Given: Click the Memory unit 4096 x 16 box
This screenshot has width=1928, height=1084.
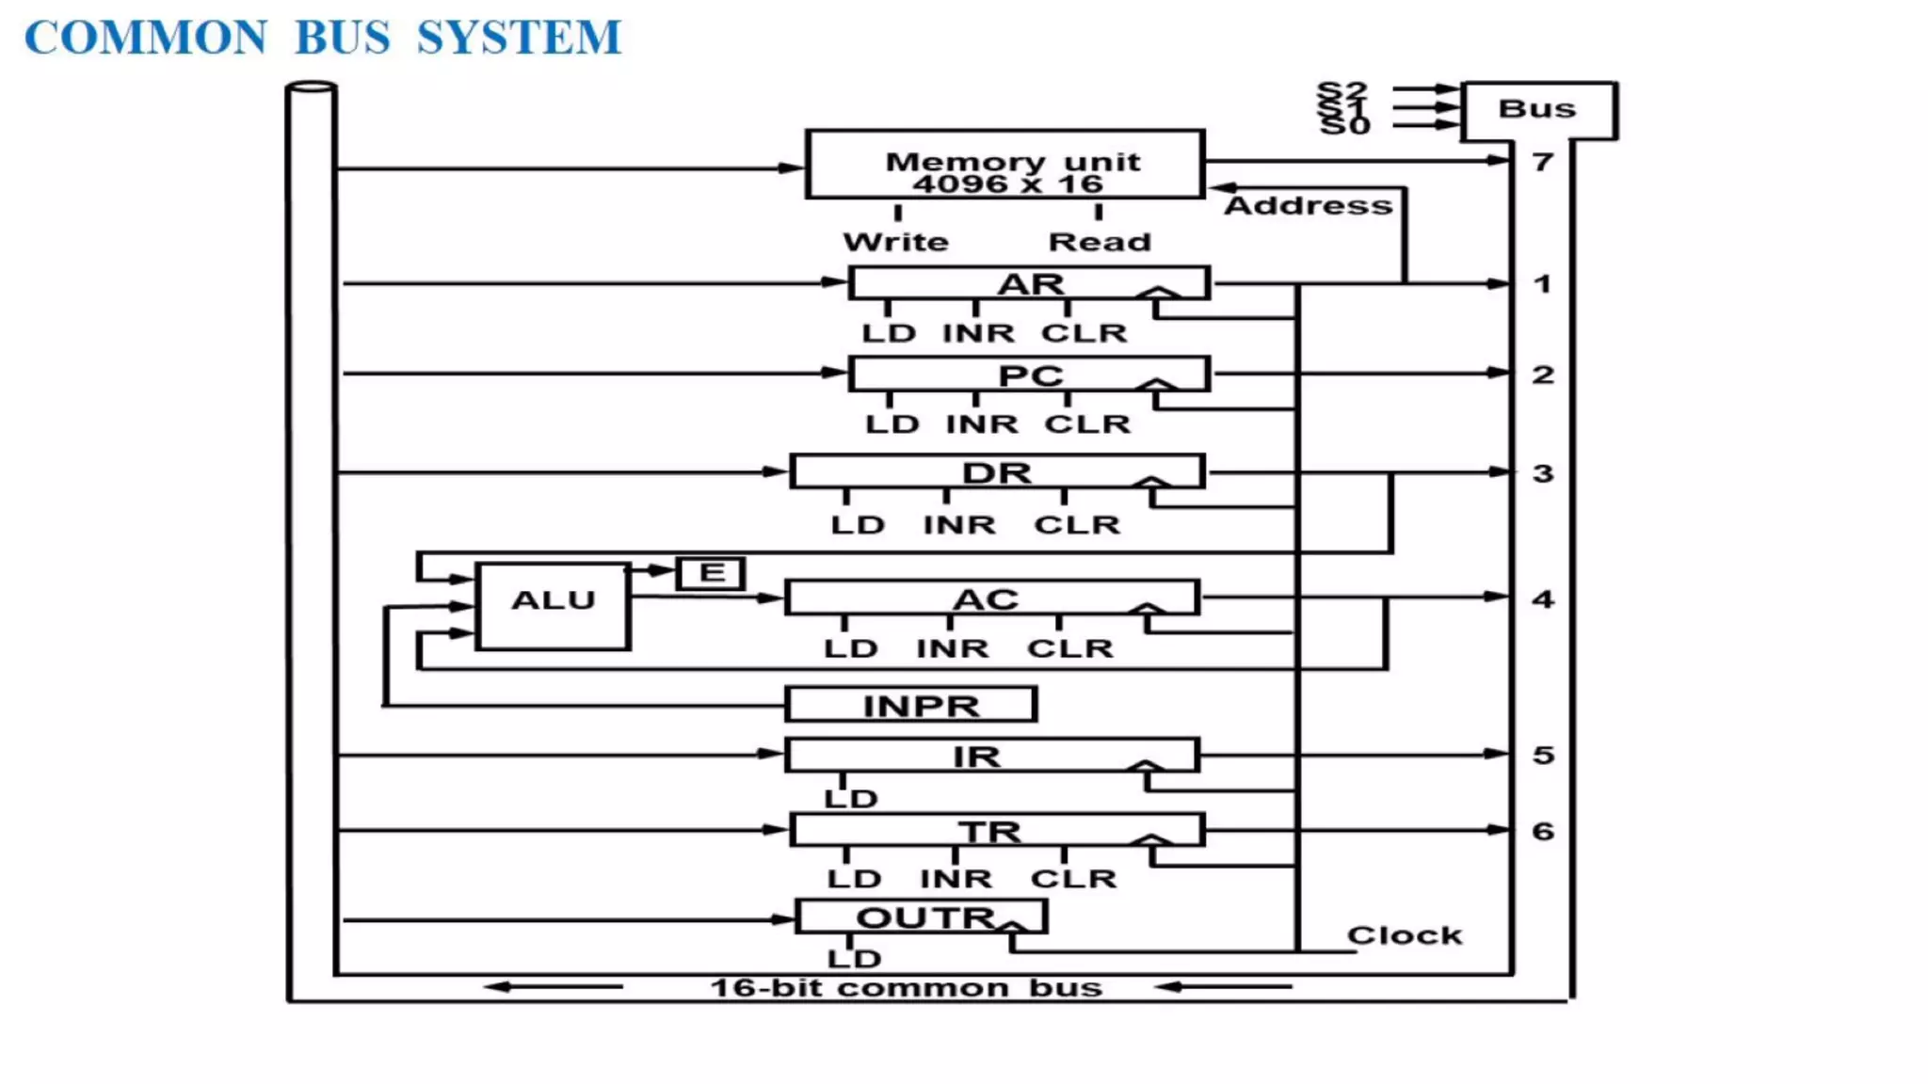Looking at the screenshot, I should tap(1004, 164).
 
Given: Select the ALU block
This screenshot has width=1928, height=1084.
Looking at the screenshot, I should tap(553, 605).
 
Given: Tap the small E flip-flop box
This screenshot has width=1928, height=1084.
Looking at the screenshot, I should tap(711, 573).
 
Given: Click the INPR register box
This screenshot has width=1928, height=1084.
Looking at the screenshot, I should tap(910, 705).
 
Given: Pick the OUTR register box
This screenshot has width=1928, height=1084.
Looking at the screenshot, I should tap(921, 917).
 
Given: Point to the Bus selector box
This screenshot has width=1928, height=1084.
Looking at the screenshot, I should tap(1538, 110).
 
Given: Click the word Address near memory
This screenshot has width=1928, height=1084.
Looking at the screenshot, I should tap(1308, 206).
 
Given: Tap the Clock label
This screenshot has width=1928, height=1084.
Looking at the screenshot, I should tap(1404, 935).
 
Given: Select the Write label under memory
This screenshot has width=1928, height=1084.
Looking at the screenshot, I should tap(895, 243).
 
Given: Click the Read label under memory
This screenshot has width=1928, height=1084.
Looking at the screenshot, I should tap(1100, 243).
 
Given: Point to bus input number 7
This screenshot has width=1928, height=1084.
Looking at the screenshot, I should tap(1542, 163).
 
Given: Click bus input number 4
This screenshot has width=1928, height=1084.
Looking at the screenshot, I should tap(1542, 599).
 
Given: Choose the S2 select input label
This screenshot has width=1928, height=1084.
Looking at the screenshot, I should tap(1342, 90).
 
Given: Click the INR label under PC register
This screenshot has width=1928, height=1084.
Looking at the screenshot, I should tap(982, 424).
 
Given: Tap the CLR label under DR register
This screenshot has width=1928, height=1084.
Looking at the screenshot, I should tap(1077, 525).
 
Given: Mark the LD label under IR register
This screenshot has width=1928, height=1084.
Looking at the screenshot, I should tap(851, 799).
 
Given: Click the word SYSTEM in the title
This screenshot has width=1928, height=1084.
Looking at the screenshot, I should tap(519, 39).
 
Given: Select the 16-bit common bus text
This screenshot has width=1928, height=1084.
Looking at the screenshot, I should tap(906, 988).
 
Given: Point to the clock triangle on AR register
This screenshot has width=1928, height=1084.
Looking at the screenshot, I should tap(1158, 293).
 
